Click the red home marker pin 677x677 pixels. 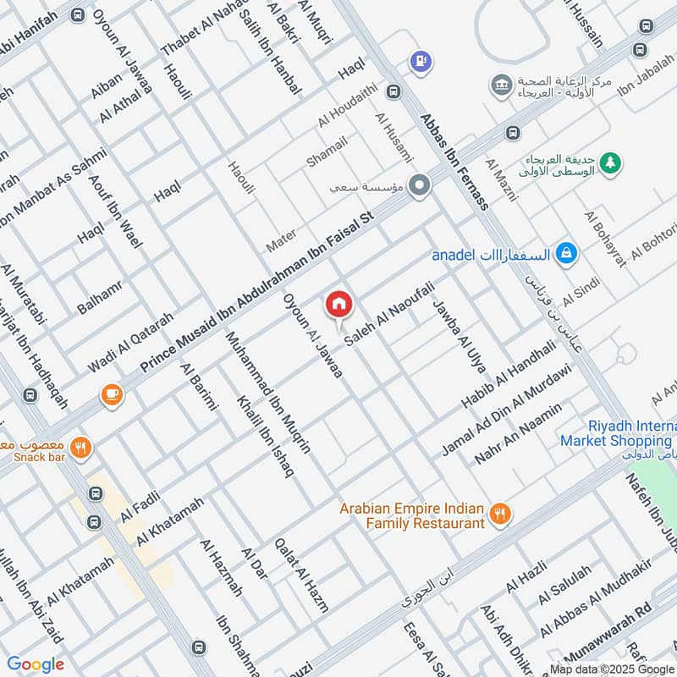338,303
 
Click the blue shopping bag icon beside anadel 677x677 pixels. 568,252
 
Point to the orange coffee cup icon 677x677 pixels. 110,394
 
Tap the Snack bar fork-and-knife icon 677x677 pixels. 81,449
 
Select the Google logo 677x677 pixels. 36,664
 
